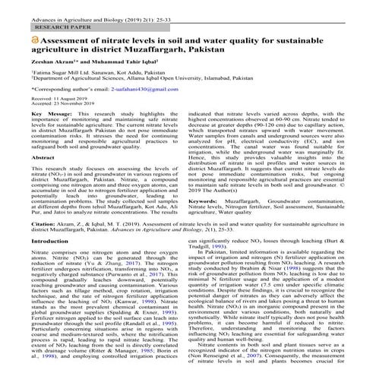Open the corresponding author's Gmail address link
[x=149, y=109]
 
